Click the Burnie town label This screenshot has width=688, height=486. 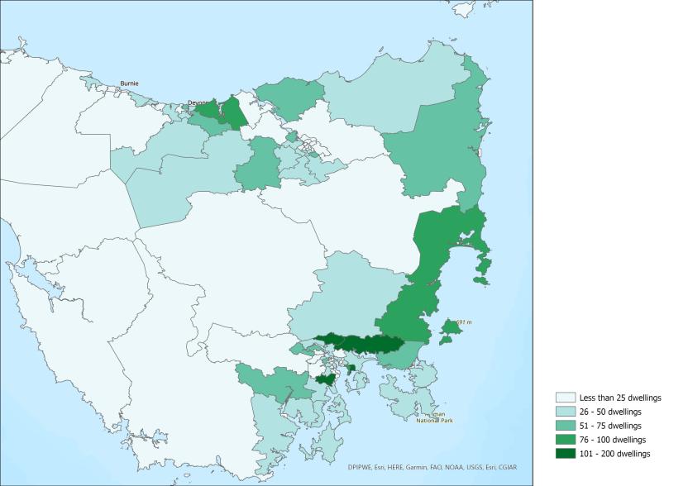click(x=130, y=83)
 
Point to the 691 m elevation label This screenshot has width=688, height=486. click(x=463, y=321)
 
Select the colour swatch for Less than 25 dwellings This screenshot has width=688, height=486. click(x=566, y=398)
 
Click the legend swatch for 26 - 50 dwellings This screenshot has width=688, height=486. click(x=566, y=412)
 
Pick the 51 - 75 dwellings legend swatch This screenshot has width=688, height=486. click(x=566, y=426)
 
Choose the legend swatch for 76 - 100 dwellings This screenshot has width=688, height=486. click(x=566, y=440)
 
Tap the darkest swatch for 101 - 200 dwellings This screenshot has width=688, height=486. click(x=566, y=454)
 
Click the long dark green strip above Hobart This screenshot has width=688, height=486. click(x=360, y=342)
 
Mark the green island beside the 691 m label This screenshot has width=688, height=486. click(x=451, y=329)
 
